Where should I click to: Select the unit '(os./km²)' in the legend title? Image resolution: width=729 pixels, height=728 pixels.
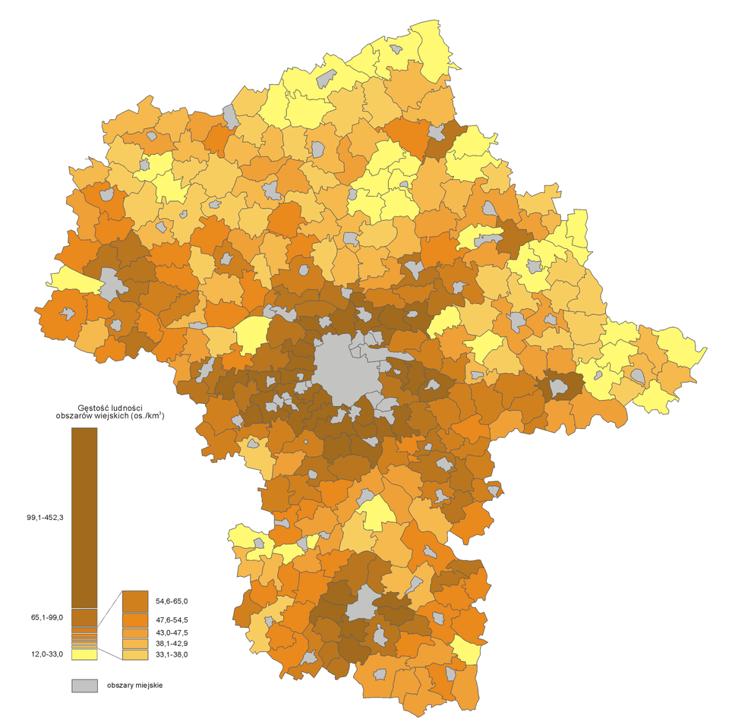[147, 416]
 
